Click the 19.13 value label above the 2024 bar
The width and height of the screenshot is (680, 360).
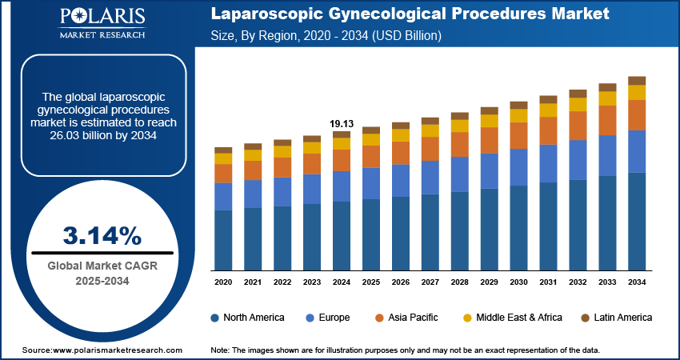click(x=342, y=123)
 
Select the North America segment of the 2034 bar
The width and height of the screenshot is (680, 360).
click(x=637, y=222)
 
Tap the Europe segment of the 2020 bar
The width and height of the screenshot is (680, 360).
click(x=223, y=196)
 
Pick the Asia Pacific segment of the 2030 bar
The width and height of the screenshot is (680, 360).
click(x=519, y=135)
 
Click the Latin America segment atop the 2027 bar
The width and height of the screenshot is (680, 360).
click(x=430, y=121)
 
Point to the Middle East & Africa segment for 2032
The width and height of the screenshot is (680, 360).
click(x=578, y=104)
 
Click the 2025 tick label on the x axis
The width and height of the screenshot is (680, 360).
click(x=371, y=282)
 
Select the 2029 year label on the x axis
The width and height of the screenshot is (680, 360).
click(x=489, y=282)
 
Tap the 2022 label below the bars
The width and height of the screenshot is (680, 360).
click(x=282, y=282)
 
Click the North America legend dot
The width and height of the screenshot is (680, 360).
click(x=215, y=318)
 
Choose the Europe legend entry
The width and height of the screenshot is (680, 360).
click(x=329, y=318)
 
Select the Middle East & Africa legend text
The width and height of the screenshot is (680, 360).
click(x=519, y=318)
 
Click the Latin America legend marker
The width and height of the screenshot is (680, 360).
click(x=585, y=318)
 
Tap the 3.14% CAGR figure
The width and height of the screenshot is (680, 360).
click(x=102, y=236)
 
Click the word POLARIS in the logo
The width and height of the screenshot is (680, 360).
click(x=102, y=18)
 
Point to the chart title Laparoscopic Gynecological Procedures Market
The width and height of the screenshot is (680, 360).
click(x=410, y=14)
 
